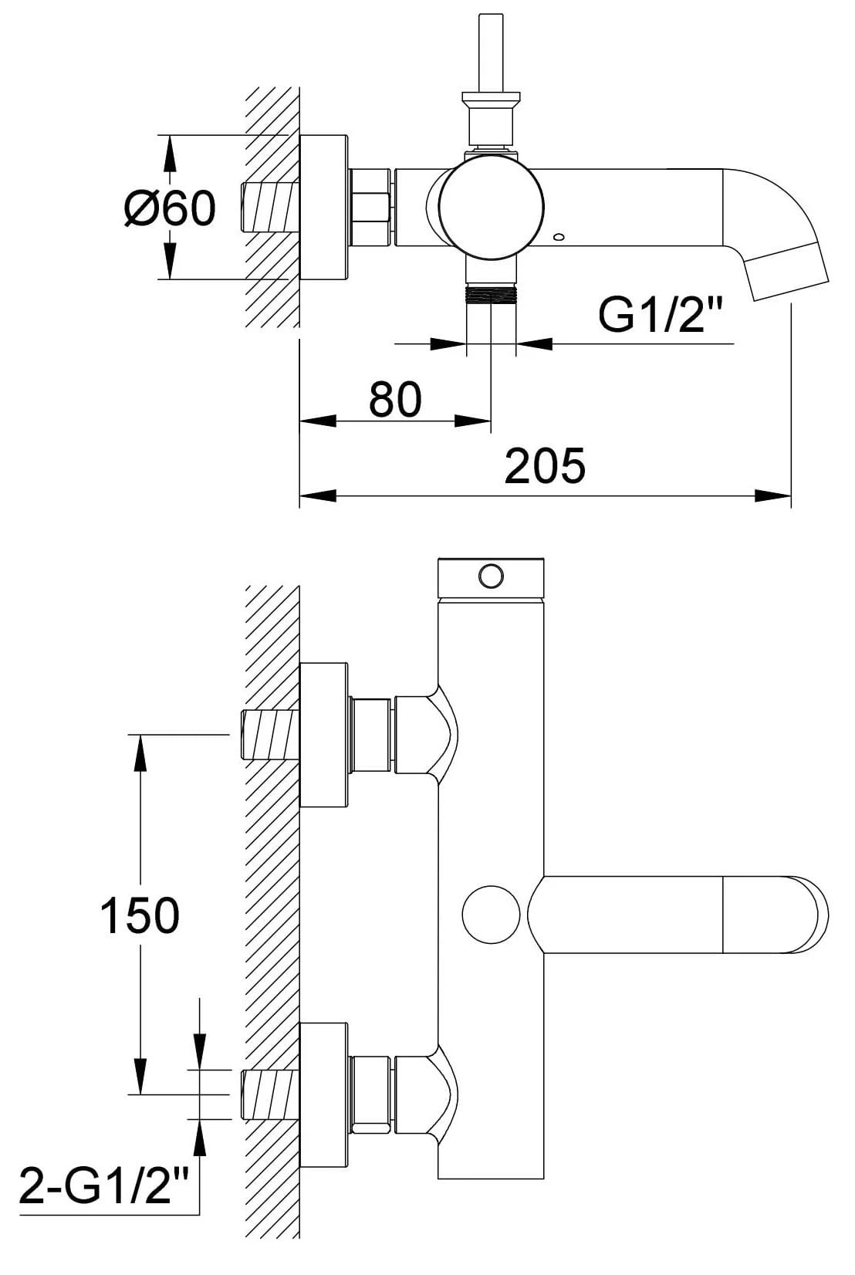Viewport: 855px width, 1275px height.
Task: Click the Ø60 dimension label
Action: tap(170, 208)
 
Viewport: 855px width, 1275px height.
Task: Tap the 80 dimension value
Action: tap(395, 399)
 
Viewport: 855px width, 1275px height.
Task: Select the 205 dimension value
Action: tap(545, 466)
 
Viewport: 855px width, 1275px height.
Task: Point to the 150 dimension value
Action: tap(140, 915)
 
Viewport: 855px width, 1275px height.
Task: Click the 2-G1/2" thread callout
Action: tap(104, 1184)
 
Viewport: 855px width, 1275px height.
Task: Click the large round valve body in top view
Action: tap(491, 205)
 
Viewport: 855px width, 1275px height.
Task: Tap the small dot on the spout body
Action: tap(559, 237)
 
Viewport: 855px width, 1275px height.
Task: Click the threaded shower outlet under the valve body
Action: tap(491, 296)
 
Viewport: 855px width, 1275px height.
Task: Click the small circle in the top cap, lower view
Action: tap(490, 575)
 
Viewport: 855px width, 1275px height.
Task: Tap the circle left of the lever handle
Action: tap(491, 914)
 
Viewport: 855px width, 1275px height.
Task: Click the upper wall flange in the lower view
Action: tap(323, 734)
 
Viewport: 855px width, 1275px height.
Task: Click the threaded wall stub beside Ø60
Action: tap(270, 207)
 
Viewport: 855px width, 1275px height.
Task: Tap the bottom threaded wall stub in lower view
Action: tap(270, 1094)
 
